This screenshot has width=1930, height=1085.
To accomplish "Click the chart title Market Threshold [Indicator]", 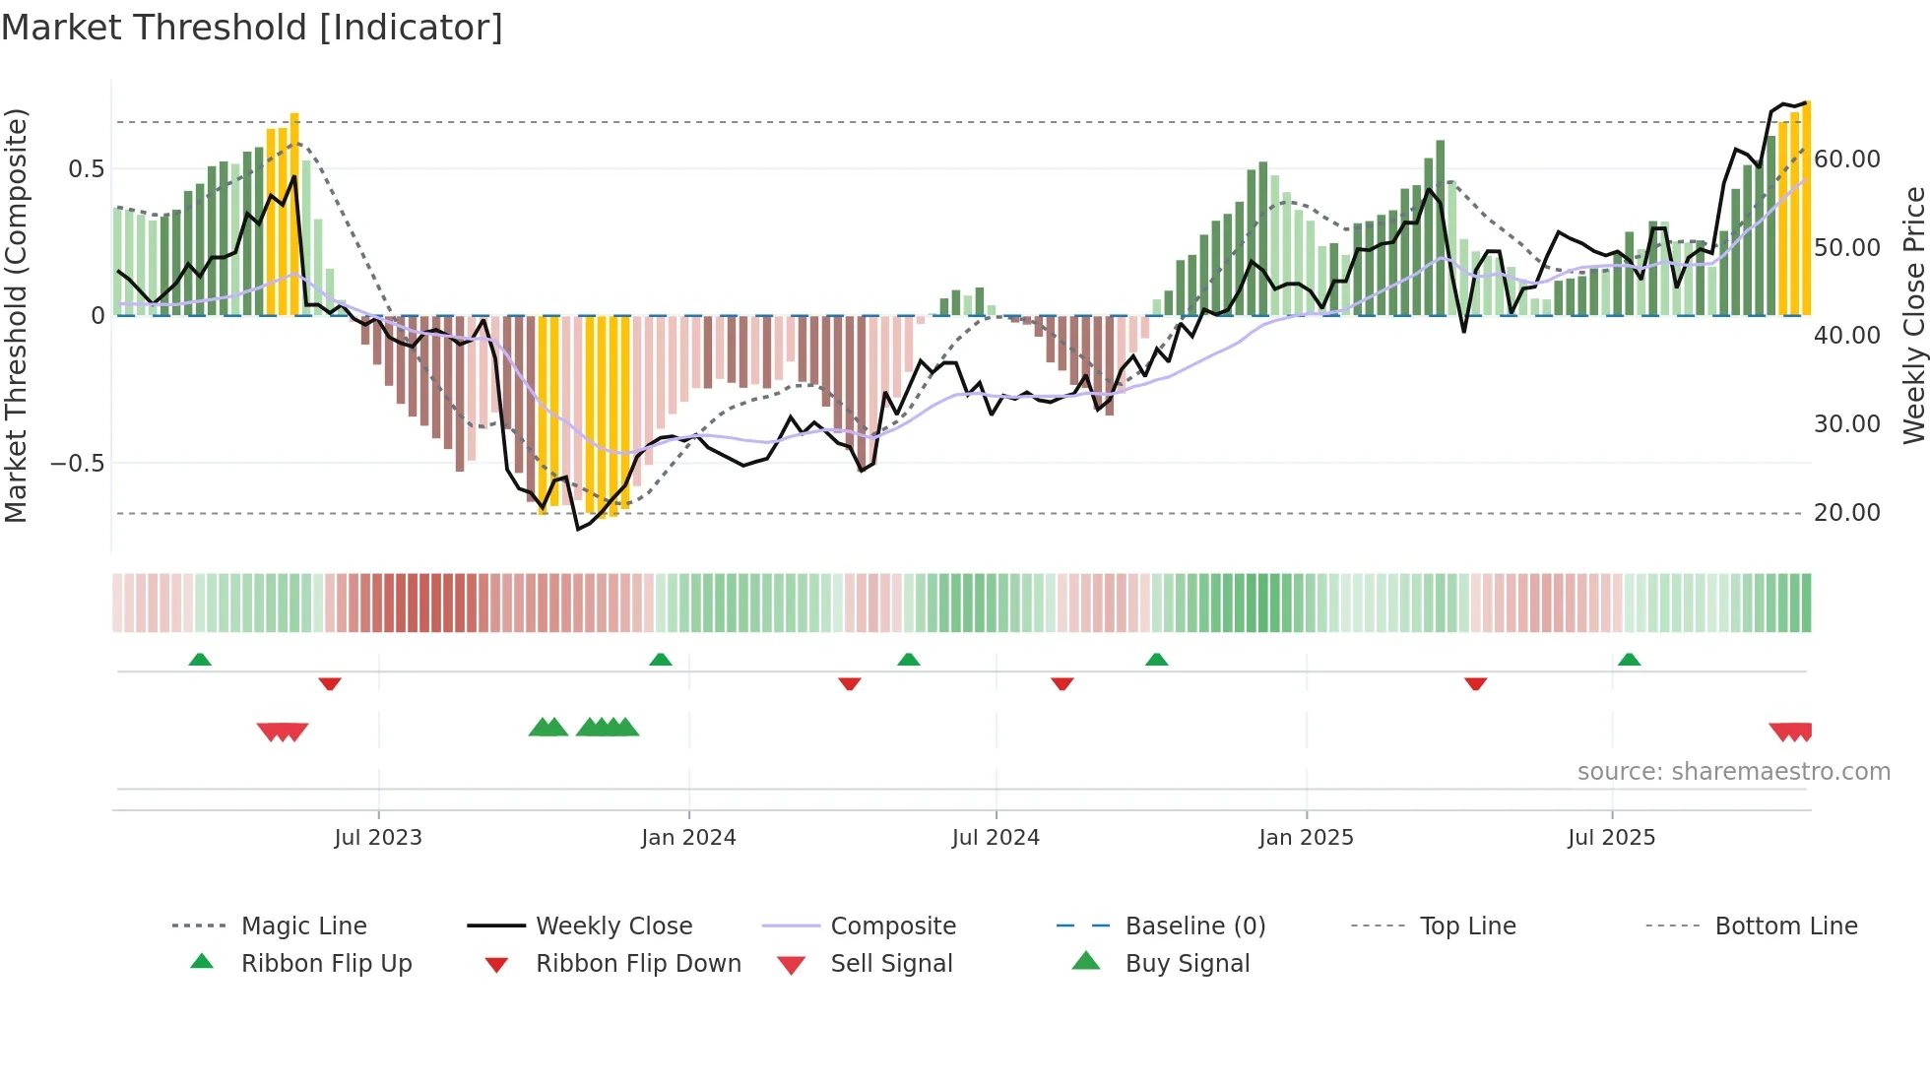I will tap(252, 28).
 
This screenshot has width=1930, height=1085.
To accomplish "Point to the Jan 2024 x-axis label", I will tap(688, 837).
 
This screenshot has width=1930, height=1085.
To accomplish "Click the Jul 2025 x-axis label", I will tap(1611, 837).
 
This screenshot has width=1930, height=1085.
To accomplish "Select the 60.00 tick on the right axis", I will tap(1846, 159).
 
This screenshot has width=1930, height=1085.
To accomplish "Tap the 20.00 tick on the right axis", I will tap(1846, 512).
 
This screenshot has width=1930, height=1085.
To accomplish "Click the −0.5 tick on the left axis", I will tap(78, 463).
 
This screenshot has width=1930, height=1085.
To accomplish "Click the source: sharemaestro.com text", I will tap(1733, 771).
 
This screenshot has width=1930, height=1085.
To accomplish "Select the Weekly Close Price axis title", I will tap(1913, 315).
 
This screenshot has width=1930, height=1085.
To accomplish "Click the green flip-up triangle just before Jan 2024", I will tap(661, 660).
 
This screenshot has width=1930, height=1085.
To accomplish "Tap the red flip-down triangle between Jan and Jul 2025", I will tap(1475, 683).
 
